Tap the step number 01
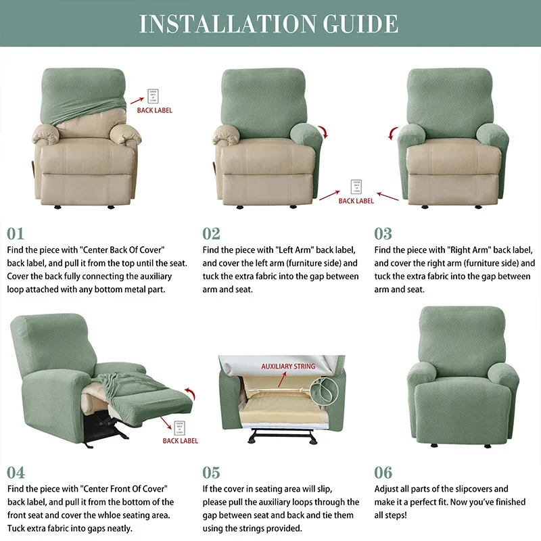coord(16,233)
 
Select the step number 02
coord(212,233)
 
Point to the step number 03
coord(383,233)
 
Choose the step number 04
coord(16,472)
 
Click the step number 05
coord(212,472)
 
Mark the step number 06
coord(383,472)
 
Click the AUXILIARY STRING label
coord(288,367)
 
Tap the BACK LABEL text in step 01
coord(155,110)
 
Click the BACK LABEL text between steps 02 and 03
coord(356,201)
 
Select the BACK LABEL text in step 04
coord(181,441)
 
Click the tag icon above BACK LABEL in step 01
coord(154,94)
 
